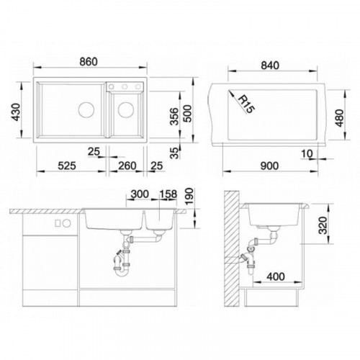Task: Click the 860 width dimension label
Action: click(x=89, y=62)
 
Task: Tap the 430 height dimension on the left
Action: click(x=17, y=112)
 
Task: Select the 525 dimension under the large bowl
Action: click(x=67, y=166)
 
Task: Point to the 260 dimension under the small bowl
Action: click(x=127, y=166)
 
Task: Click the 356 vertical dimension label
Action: click(x=174, y=117)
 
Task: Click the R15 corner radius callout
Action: click(x=247, y=104)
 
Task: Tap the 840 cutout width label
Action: click(x=270, y=66)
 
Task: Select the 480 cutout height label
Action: click(x=340, y=118)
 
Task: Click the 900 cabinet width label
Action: click(x=269, y=166)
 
